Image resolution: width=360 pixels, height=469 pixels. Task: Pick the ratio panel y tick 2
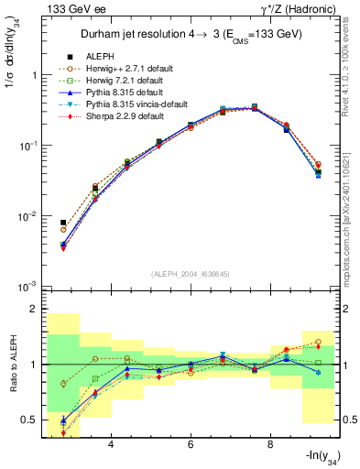pyautogui.click(x=35, y=310)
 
